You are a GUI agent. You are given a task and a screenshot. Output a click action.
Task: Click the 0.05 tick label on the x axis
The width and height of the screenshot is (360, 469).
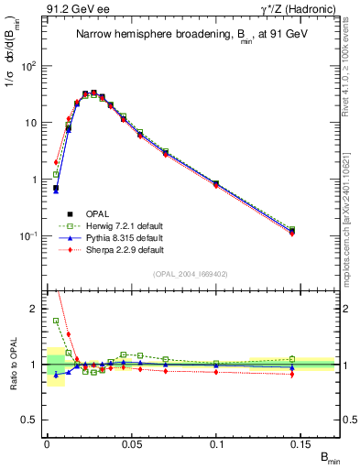(x=132, y=442)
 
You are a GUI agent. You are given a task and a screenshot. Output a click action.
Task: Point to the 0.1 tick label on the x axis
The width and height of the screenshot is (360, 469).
(x=217, y=442)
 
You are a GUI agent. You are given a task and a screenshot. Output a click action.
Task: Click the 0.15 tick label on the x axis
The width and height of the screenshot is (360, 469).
(x=302, y=442)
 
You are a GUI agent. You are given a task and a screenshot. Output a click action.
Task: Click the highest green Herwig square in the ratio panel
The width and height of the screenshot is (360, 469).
(x=56, y=321)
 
